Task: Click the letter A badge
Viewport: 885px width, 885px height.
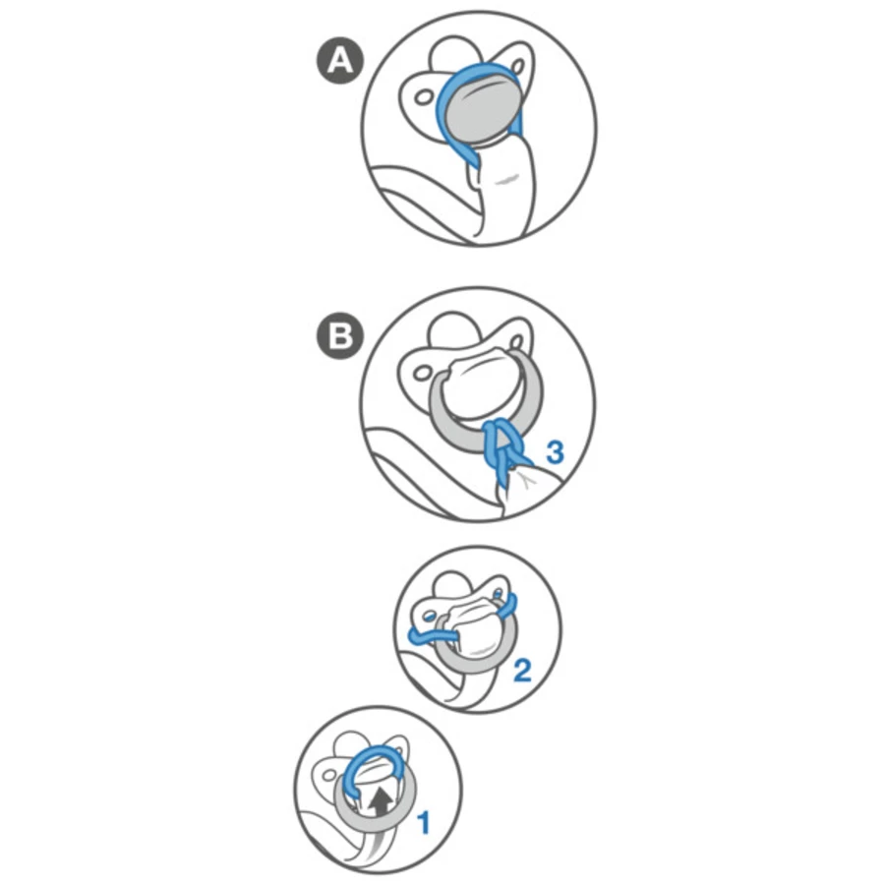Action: click(x=340, y=60)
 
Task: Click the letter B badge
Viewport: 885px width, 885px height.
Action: click(x=340, y=336)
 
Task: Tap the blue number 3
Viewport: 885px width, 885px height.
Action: click(x=555, y=452)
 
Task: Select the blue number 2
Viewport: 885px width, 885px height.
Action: click(x=522, y=671)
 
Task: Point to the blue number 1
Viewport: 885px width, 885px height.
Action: click(x=424, y=823)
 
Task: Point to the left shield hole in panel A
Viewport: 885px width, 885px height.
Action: click(x=423, y=97)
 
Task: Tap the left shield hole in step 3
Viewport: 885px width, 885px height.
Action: click(x=422, y=373)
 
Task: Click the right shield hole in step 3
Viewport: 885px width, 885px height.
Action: click(x=516, y=341)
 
